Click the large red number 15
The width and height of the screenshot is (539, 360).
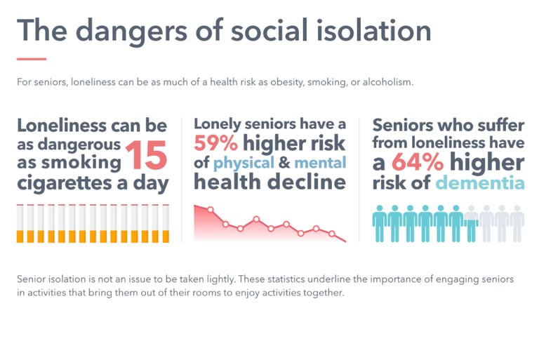pos(147,155)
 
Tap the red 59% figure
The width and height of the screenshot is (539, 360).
pos(215,143)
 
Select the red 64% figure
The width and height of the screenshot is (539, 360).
pos(418,162)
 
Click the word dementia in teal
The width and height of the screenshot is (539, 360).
pos(480,182)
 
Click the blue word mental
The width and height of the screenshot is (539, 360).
pos(320,162)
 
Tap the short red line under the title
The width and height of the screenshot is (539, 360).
pos(32,59)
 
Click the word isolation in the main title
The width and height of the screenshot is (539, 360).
pos(373,30)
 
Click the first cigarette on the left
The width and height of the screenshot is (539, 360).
pos(20,223)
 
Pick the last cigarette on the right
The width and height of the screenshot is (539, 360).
pos(166,223)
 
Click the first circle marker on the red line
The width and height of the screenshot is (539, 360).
pos(211,209)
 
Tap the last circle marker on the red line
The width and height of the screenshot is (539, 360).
pos(332,234)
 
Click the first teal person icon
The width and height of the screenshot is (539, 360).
pos(380,223)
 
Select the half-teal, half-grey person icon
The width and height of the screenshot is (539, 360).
pos(471,223)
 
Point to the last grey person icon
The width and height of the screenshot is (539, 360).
pos(517,223)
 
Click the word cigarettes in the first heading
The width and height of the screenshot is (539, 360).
pos(65,183)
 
